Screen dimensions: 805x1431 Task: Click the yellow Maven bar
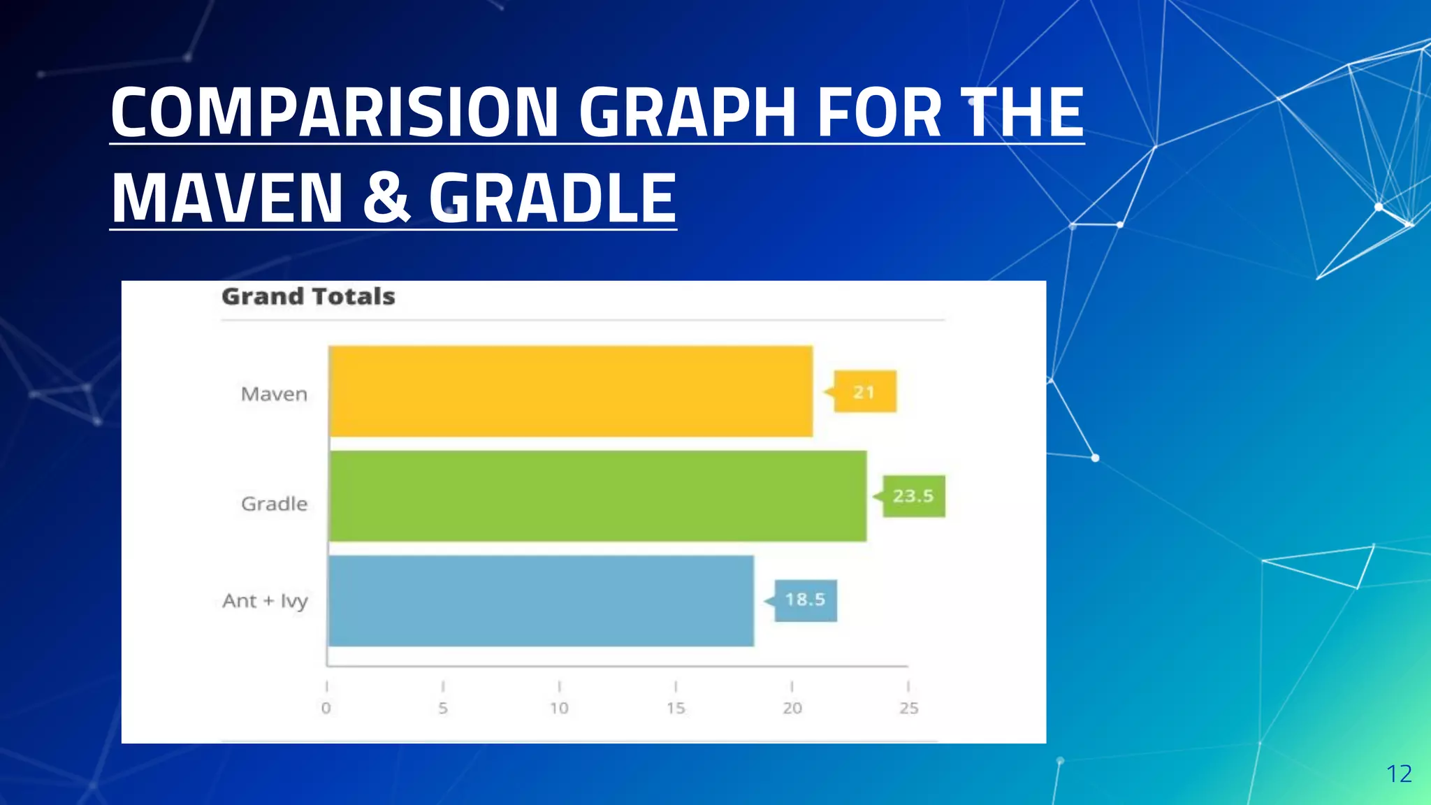point(571,391)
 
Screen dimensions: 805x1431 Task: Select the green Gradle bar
point(597,496)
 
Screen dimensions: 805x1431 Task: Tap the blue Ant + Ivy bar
point(541,601)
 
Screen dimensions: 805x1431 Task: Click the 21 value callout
point(865,392)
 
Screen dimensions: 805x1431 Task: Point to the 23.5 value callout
point(913,496)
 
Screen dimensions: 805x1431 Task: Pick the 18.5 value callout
point(805,600)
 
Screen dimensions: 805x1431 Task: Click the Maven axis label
point(274,394)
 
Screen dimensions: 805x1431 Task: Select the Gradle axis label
point(274,504)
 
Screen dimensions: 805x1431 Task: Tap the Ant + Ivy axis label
point(265,601)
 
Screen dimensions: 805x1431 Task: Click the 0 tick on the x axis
point(326,708)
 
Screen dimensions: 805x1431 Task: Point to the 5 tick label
point(443,708)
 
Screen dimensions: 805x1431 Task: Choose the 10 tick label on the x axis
point(559,708)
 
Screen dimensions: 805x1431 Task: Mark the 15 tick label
point(676,708)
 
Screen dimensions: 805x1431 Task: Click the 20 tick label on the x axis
point(792,708)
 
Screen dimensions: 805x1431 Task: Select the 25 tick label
point(908,708)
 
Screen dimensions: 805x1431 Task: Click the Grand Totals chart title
point(308,297)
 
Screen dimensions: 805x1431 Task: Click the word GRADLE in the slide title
point(552,198)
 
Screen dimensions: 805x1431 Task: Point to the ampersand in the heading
point(386,198)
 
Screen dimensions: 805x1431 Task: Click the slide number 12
point(1399,774)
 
